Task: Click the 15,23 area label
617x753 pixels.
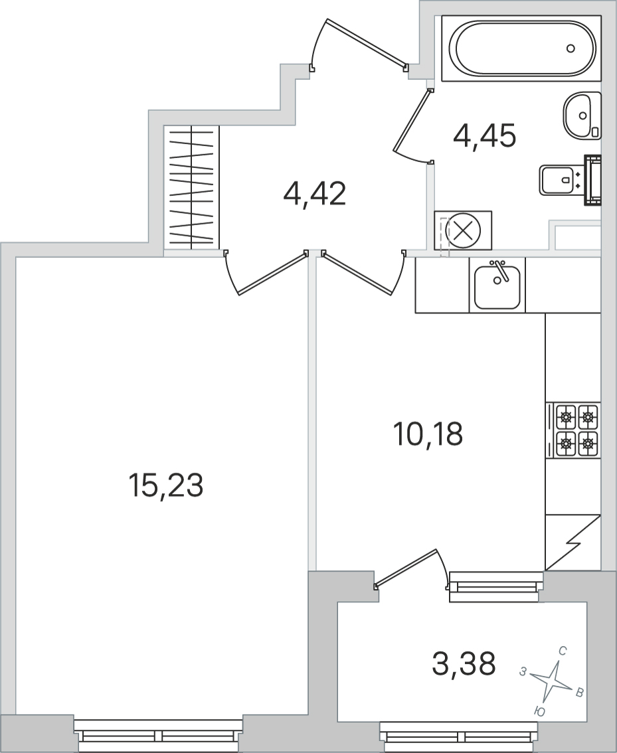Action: click(x=165, y=485)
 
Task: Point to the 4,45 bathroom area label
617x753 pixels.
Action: click(x=484, y=135)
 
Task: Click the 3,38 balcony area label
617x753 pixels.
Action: click(x=464, y=663)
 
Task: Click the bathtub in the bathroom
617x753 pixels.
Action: click(x=521, y=48)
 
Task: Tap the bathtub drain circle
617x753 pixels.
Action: click(x=571, y=48)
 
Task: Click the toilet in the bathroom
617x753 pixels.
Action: click(x=569, y=180)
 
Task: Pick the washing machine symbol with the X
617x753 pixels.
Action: click(x=463, y=230)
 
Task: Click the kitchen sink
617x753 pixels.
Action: click(x=497, y=286)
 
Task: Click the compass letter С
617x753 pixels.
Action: click(x=563, y=651)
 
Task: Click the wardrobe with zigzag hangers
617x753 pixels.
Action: click(x=191, y=188)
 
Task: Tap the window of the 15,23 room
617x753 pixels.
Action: click(x=158, y=735)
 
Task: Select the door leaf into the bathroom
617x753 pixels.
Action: click(x=411, y=120)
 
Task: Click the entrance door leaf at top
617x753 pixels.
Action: click(x=366, y=42)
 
